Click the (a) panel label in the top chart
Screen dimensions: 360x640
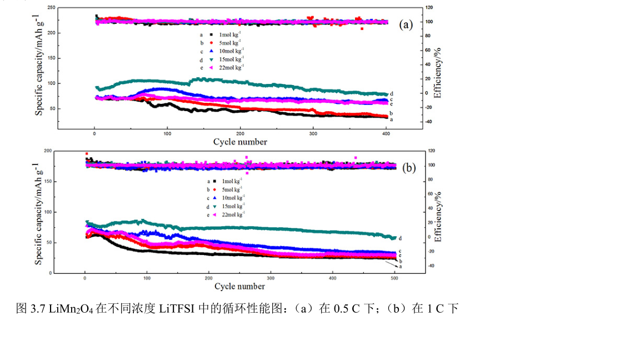click(x=406, y=24)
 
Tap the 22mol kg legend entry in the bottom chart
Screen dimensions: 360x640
click(x=231, y=214)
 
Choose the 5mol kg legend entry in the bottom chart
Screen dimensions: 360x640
click(x=230, y=189)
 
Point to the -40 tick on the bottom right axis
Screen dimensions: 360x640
click(x=430, y=266)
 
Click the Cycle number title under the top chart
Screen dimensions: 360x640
click(x=240, y=142)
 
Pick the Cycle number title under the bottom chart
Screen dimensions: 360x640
click(x=239, y=287)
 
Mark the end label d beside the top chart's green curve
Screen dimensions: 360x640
click(x=392, y=94)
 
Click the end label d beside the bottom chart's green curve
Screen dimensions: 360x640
click(x=400, y=238)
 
